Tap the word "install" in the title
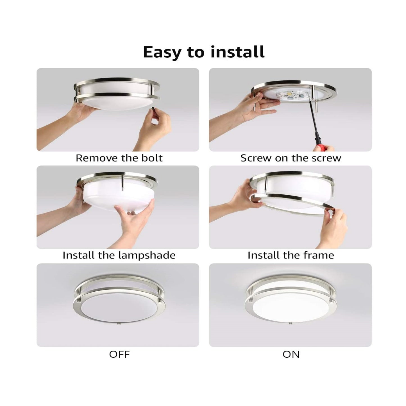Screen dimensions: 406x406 pos(237,52)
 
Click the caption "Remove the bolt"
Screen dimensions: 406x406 pos(119,158)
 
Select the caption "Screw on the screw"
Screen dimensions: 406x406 pos(291,158)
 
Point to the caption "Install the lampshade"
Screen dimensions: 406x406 pos(119,255)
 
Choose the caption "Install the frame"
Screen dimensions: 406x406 pos(291,255)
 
